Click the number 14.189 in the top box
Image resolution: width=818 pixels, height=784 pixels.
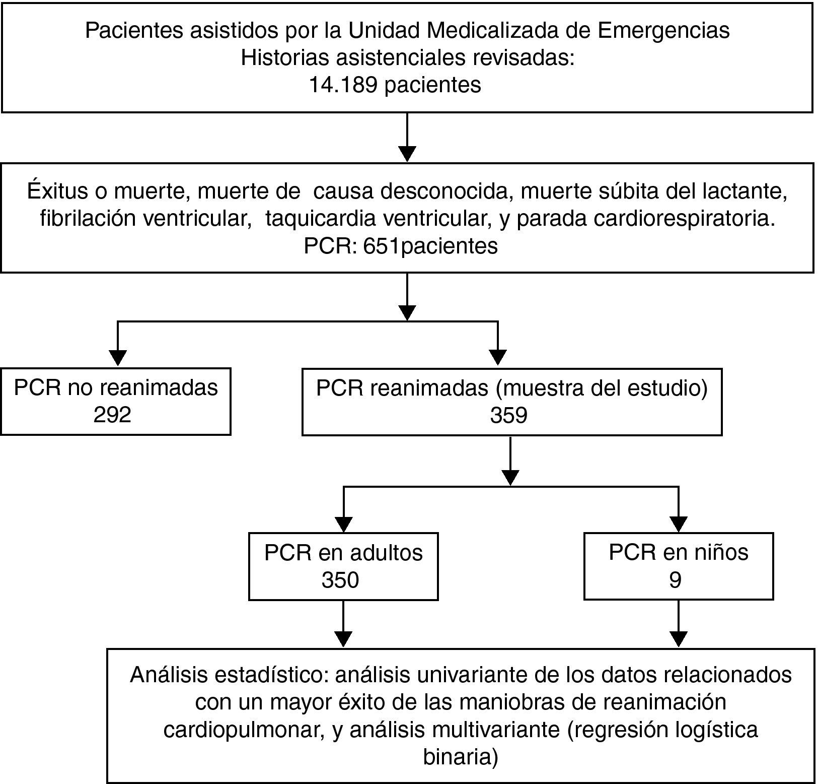click(x=343, y=85)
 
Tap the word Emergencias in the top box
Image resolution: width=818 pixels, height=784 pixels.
click(x=663, y=30)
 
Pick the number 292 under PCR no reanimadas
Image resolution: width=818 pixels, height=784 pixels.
click(x=112, y=415)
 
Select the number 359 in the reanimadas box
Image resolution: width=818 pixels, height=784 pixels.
click(x=508, y=415)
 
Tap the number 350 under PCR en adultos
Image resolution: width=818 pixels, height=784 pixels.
click(x=340, y=580)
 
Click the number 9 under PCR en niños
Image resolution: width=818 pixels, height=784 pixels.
click(x=675, y=580)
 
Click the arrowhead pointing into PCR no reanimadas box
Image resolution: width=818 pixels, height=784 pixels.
click(x=118, y=357)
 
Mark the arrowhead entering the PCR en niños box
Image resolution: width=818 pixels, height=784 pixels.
click(x=679, y=525)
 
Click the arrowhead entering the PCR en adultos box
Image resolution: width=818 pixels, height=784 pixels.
click(x=343, y=525)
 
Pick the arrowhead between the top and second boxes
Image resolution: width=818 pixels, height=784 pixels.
click(x=407, y=153)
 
